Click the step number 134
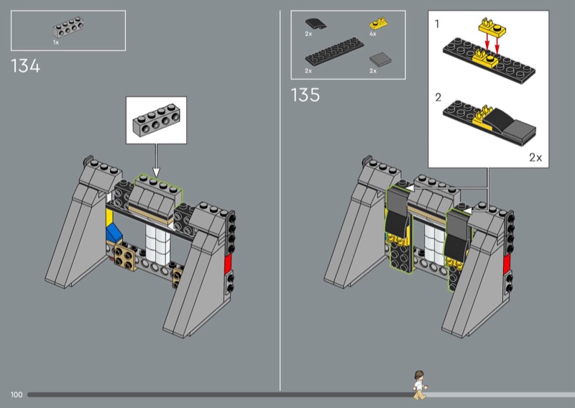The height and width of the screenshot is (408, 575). point(25,66)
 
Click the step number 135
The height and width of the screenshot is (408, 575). point(305,95)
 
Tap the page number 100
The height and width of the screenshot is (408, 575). point(17,394)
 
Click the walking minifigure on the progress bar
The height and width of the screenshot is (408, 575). point(420,385)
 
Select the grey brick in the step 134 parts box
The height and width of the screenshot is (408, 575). point(68,27)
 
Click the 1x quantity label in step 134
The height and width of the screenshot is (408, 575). point(56,42)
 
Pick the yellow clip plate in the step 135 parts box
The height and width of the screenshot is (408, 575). point(379,24)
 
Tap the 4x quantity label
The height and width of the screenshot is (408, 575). point(372,34)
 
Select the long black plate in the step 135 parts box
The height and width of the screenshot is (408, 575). point(334,51)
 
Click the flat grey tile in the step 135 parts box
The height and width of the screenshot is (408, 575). point(380,60)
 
